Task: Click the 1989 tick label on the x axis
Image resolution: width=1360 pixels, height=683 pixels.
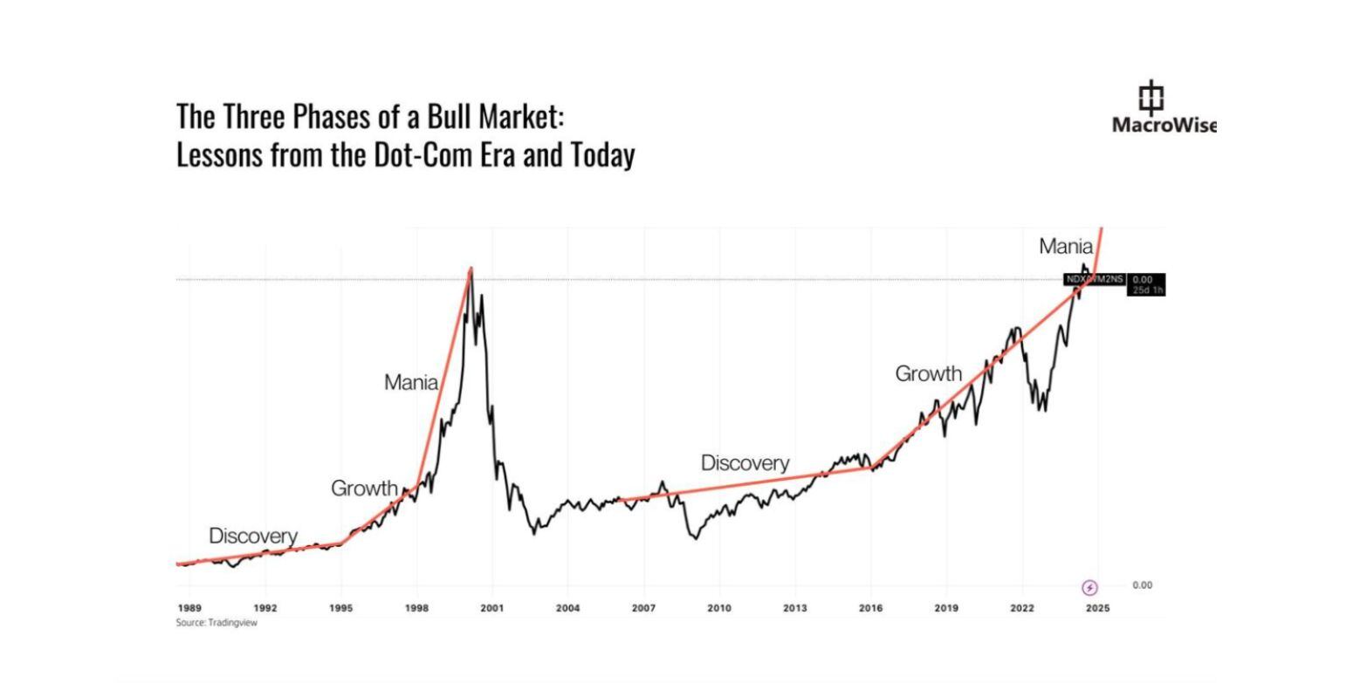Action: [189, 608]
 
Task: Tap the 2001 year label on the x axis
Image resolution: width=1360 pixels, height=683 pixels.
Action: [492, 608]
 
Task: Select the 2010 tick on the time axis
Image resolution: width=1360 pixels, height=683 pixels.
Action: [719, 608]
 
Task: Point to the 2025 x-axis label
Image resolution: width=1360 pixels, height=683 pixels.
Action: [1097, 608]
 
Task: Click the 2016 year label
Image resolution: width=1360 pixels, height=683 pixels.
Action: [870, 608]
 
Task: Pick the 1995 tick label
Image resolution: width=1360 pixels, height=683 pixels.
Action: [341, 608]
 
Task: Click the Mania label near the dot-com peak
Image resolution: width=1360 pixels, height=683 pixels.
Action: [411, 382]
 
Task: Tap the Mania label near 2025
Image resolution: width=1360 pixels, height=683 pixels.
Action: [1065, 247]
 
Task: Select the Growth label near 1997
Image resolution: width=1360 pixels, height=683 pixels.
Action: [364, 488]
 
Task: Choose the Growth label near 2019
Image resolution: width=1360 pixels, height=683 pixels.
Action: [928, 374]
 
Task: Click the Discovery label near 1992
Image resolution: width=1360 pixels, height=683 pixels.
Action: [253, 536]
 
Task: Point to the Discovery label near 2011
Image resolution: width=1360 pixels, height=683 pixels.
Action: [745, 463]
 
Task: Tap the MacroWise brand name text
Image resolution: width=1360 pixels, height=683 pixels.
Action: [1164, 125]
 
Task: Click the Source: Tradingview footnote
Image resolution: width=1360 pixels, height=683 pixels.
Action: [216, 623]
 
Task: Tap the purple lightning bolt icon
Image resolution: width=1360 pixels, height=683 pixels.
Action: [1089, 588]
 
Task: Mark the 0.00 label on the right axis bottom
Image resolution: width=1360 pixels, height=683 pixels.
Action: [1142, 585]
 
